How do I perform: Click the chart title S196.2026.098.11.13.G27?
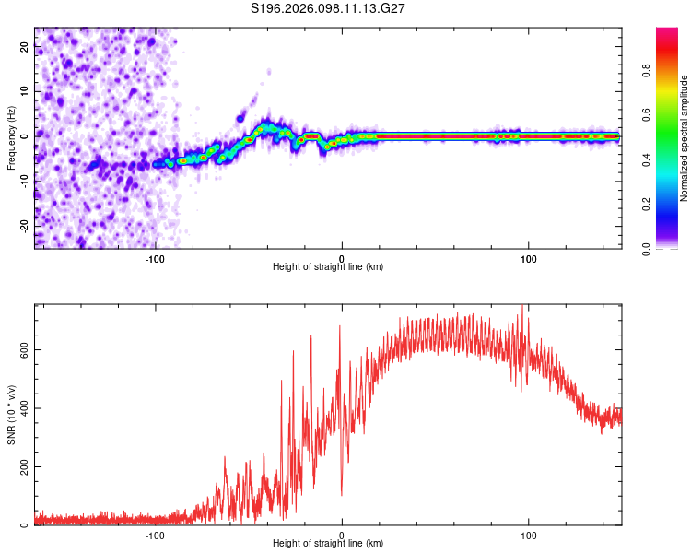(329, 8)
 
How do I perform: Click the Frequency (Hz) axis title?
(11, 138)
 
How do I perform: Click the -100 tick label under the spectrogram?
(155, 258)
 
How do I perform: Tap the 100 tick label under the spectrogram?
(529, 258)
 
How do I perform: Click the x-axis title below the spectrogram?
(328, 267)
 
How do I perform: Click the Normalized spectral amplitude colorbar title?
(685, 138)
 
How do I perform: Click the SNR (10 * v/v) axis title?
(11, 415)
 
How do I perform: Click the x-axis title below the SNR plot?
(328, 544)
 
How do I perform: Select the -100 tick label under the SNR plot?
(155, 535)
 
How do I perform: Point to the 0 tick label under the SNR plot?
(342, 535)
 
